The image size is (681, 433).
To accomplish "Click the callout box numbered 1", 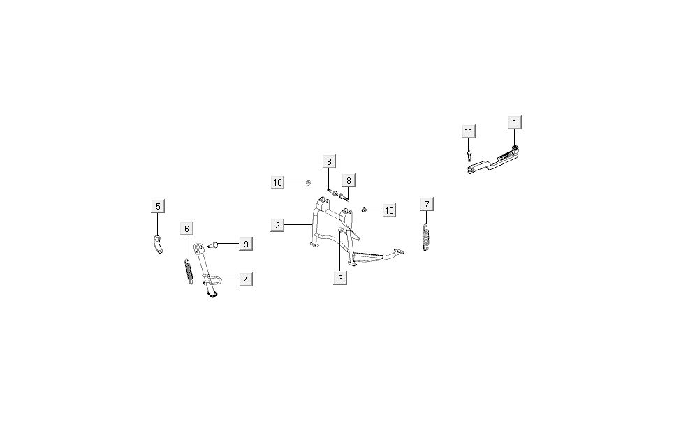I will click(x=515, y=122).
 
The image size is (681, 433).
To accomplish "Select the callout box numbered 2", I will click(x=278, y=225).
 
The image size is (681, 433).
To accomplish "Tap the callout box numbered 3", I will click(x=341, y=278).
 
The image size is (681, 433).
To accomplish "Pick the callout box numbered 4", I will click(x=245, y=279).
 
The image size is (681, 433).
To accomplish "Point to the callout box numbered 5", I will click(x=158, y=206).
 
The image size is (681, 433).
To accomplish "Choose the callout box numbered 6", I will click(x=186, y=228).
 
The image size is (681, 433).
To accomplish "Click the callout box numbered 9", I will click(x=245, y=244).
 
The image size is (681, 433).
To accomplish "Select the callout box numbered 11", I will click(x=469, y=131).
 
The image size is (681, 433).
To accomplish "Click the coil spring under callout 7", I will click(x=426, y=237).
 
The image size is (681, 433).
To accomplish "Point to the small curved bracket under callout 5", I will click(x=159, y=244).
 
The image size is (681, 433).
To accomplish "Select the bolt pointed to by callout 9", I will click(x=216, y=244).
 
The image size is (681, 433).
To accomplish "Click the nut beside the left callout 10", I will click(x=308, y=183).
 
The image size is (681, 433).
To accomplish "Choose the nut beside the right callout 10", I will click(x=365, y=210).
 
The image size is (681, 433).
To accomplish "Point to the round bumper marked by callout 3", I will click(x=341, y=230).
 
